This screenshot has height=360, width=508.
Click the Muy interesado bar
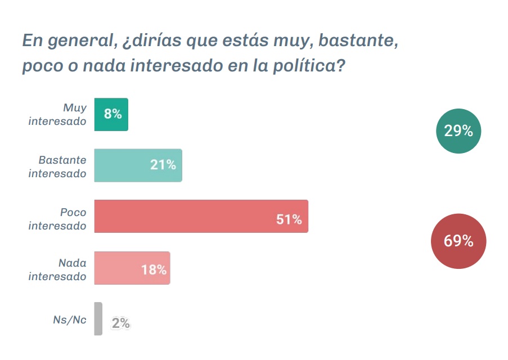111,115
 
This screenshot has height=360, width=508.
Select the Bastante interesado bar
138,165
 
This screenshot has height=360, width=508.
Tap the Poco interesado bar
201,216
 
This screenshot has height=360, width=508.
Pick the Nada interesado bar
132,268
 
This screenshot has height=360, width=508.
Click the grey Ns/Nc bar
98,319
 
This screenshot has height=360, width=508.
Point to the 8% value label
113,114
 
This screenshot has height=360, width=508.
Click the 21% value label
163,165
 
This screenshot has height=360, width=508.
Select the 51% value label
289,219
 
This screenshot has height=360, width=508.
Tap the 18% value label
154,270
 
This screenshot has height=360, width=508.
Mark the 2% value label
121,323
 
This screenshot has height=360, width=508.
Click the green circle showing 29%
458,131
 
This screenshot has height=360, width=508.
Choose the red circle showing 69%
458,241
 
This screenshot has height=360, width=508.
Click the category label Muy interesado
58,114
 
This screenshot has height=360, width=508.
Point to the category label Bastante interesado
58,166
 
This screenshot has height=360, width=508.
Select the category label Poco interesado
58,219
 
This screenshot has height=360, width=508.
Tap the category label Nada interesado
58,269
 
